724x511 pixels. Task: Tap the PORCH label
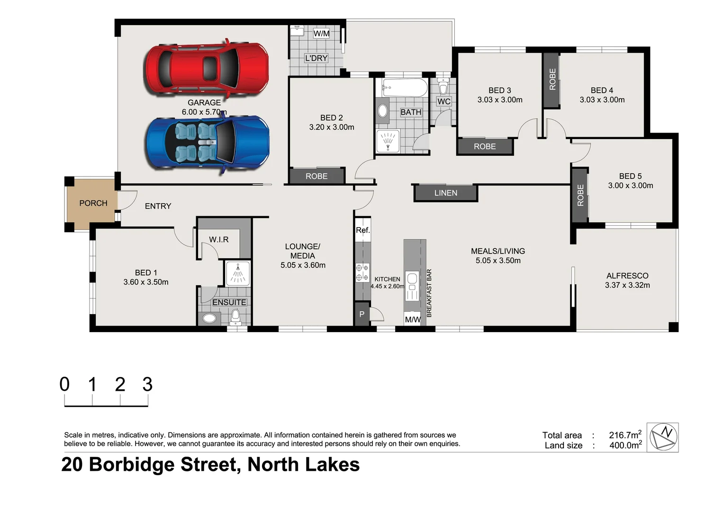(93, 203)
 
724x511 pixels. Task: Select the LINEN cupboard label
(445, 193)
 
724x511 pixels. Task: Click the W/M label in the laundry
(321, 34)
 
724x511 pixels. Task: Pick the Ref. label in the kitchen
(362, 230)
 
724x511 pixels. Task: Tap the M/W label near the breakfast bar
(412, 319)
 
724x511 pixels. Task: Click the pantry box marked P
(362, 314)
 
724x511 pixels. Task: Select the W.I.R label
(219, 239)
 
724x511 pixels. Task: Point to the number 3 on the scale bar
(147, 385)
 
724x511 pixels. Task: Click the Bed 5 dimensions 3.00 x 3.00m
(630, 185)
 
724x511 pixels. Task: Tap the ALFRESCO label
(627, 275)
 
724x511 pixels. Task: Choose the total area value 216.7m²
(625, 435)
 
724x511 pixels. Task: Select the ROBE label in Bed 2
(317, 176)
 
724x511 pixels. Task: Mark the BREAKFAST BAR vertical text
(429, 293)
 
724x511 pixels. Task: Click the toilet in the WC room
(443, 88)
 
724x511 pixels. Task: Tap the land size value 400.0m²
(625, 445)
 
